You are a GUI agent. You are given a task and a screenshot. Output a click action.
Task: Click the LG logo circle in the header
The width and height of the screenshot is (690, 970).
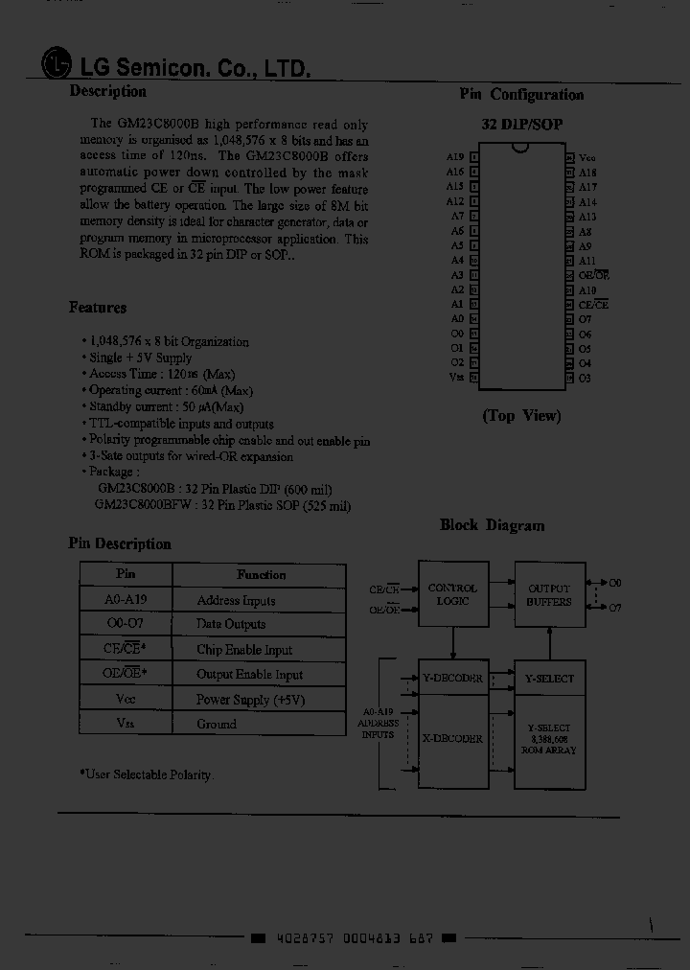(57, 64)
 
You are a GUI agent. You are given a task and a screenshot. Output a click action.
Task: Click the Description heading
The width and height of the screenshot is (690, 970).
(107, 92)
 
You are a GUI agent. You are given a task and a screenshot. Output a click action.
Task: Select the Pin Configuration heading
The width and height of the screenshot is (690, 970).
(520, 94)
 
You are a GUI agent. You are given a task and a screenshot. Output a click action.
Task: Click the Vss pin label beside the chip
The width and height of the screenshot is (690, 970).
(456, 377)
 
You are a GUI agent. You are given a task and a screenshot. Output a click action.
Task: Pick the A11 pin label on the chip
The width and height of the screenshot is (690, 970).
(587, 261)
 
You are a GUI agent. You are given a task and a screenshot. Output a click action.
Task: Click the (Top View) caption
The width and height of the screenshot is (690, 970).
(521, 416)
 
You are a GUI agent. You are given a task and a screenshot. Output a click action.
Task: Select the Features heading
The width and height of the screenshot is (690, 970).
(98, 308)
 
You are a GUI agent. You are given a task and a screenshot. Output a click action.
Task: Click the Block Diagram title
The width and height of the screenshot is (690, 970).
(492, 525)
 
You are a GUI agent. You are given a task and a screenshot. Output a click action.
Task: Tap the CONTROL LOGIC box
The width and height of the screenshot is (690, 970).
(451, 595)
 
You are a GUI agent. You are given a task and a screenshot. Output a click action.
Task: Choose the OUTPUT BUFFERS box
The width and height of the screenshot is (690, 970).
(548, 595)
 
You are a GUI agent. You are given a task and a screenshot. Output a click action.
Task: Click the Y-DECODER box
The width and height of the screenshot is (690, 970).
(452, 678)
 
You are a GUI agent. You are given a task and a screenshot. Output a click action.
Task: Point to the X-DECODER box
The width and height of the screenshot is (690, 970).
(452, 739)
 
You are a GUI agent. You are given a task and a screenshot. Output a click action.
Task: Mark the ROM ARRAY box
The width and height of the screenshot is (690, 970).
(549, 739)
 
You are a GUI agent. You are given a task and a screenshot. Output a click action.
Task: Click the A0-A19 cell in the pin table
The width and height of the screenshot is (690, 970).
(126, 601)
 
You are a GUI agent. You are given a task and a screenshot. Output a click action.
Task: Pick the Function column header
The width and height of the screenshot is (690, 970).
(261, 575)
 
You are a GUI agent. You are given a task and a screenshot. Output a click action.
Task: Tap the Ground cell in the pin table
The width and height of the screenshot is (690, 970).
(217, 725)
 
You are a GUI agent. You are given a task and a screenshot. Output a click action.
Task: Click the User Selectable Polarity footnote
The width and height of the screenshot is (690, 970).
(147, 774)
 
